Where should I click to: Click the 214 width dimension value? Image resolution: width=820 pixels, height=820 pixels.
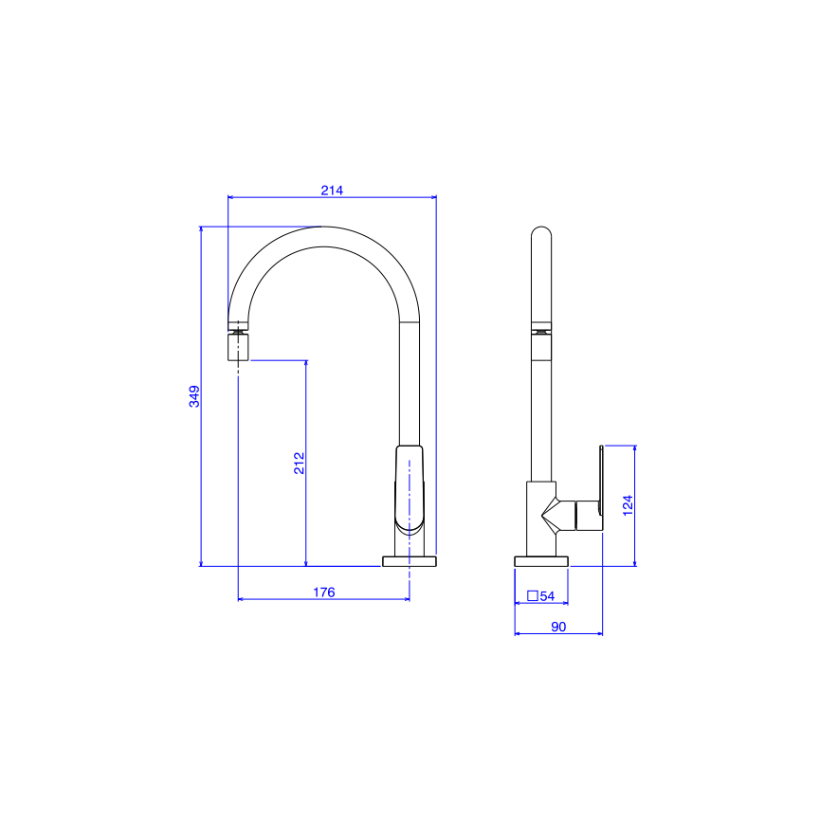331,190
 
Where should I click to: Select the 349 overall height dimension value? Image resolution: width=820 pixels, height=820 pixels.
193,396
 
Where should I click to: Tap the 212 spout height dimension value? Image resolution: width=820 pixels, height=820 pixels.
299,463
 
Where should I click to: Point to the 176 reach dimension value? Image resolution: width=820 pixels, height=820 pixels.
323,592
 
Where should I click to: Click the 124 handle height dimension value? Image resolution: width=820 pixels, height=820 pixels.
627,504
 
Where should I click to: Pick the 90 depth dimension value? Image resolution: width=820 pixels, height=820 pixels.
558,627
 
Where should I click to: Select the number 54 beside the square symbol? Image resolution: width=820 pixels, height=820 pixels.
547,596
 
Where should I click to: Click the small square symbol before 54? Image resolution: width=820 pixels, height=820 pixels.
531,596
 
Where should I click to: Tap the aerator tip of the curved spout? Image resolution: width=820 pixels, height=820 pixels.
238,347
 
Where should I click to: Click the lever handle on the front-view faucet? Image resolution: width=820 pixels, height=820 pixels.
410,488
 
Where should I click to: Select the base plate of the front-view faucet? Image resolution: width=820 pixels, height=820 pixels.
410,561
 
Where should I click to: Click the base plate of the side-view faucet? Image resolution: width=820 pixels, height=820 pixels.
541,561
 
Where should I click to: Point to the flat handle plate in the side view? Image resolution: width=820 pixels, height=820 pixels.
600,488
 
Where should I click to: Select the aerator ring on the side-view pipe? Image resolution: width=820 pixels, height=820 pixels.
540,332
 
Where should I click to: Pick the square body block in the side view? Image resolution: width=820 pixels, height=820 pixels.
540,518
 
